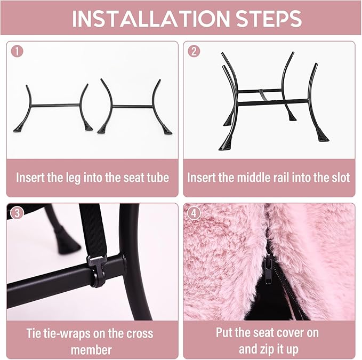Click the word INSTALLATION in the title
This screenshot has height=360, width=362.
pos(151,18)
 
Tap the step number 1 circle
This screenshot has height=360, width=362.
pos(17,51)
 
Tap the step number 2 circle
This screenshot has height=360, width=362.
pos(194,51)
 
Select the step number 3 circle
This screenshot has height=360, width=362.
pos(17,213)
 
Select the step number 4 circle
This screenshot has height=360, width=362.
pos(194,213)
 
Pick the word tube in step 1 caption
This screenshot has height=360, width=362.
pos(157,178)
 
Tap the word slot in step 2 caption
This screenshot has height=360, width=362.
pos(340,178)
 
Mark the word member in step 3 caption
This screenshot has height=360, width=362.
pos(91,350)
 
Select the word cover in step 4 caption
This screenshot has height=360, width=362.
pos(288,333)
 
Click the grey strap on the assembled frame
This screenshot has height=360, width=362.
pos(262,95)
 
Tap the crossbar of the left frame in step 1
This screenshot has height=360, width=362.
pos(55,105)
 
